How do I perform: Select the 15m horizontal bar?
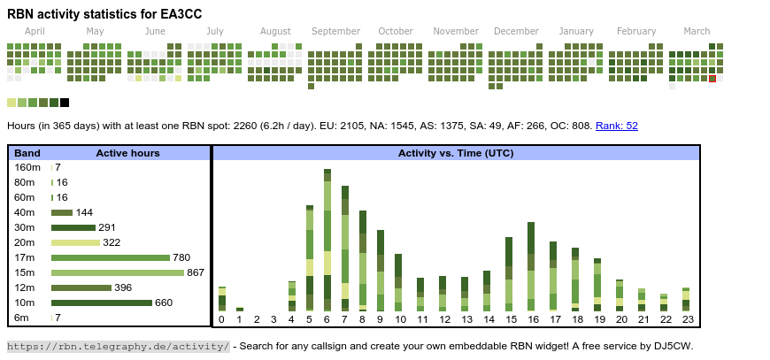pyautogui.click(x=118, y=272)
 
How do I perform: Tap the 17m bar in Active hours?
pyautogui.click(x=111, y=257)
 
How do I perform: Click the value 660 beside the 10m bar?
pyautogui.click(x=164, y=303)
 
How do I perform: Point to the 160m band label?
pyautogui.click(x=27, y=167)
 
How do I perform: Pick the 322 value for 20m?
pyautogui.click(x=112, y=242)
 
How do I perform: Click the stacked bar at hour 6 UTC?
pyautogui.click(x=327, y=239)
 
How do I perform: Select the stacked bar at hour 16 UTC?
pyautogui.click(x=531, y=265)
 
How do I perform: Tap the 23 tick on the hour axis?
pyautogui.click(x=686, y=319)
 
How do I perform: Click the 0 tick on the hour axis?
pyautogui.click(x=222, y=319)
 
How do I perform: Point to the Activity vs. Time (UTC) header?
pyautogui.click(x=456, y=153)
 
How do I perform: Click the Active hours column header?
pyautogui.click(x=127, y=153)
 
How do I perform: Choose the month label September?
pyautogui.click(x=335, y=31)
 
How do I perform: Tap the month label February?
pyautogui.click(x=636, y=31)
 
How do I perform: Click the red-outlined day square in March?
pyautogui.click(x=712, y=79)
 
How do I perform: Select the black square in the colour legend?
pyautogui.click(x=65, y=103)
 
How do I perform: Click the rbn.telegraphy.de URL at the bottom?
pyautogui.click(x=119, y=346)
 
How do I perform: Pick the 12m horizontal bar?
pyautogui.click(x=81, y=287)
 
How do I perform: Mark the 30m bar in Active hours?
pyautogui.click(x=73, y=227)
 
